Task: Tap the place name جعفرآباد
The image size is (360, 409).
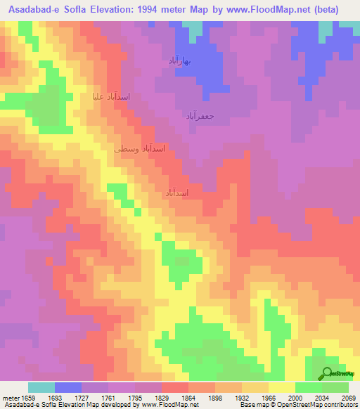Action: tap(201, 115)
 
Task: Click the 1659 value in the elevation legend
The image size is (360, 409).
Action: tap(27, 398)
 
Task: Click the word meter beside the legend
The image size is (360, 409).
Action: tap(8, 398)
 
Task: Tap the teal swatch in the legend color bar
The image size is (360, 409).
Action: tap(41, 387)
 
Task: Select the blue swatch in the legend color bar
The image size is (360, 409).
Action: tap(68, 387)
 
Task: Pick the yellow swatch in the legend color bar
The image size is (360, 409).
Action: tap(282, 387)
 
